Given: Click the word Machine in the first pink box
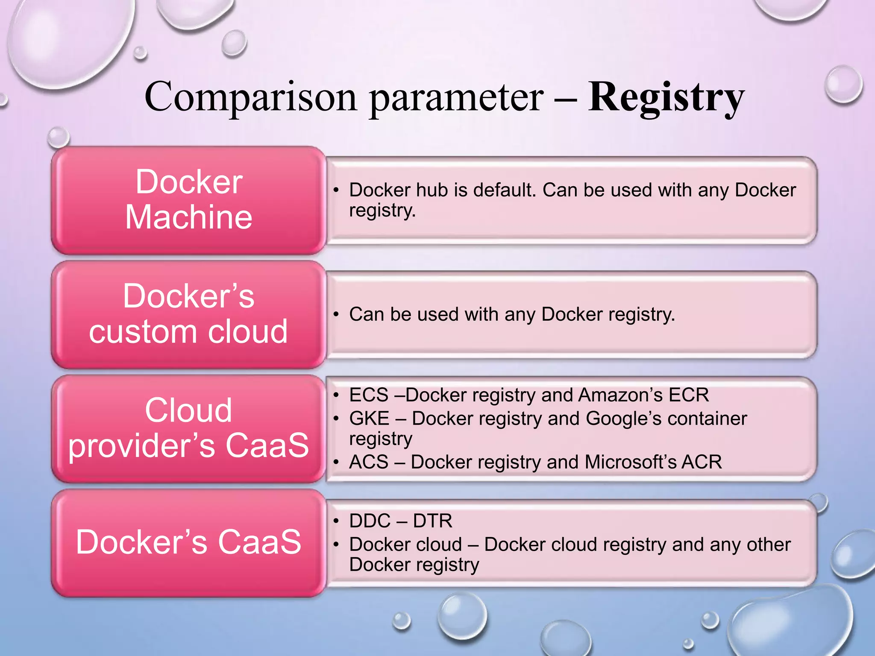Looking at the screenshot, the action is click(x=188, y=217).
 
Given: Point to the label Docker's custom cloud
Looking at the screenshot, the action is click(x=188, y=314).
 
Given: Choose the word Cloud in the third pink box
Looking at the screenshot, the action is click(x=188, y=410).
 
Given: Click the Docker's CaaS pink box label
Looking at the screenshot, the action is click(x=188, y=542).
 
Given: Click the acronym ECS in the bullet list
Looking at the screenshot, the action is click(x=369, y=395).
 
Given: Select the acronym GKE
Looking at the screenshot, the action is click(x=369, y=419).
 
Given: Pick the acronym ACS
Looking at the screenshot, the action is click(x=369, y=462).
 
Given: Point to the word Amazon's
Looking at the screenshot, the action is click(x=620, y=395).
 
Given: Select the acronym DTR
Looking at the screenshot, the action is click(x=432, y=521).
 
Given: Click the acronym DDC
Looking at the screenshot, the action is click(x=370, y=521).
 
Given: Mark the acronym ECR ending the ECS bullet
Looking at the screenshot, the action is click(x=689, y=395).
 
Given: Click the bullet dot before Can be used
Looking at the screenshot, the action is click(x=336, y=315).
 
